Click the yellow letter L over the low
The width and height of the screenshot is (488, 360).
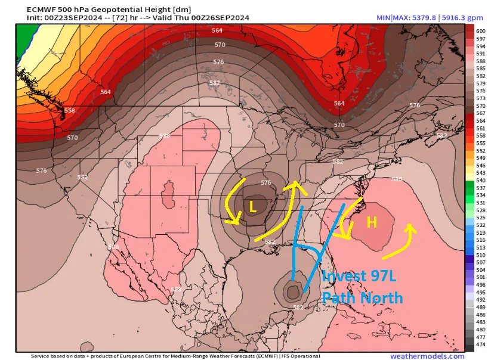(252, 207)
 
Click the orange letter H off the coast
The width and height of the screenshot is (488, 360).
(372, 222)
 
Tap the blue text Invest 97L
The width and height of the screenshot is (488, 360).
(358, 277)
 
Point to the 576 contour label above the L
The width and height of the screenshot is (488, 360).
(266, 182)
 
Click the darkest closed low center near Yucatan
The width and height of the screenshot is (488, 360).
(293, 291)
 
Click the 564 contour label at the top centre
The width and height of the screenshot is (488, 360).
(217, 30)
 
